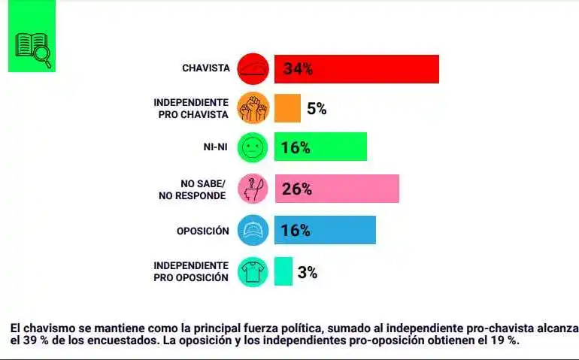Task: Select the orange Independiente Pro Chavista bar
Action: click(287, 108)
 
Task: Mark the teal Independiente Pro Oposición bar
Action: click(283, 271)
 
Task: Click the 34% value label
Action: click(298, 70)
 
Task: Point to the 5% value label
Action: click(317, 109)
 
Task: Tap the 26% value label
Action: click(296, 189)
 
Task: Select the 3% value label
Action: click(307, 272)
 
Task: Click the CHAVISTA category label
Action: click(205, 68)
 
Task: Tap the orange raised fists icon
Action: click(253, 108)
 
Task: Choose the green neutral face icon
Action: click(253, 147)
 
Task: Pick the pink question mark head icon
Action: click(253, 189)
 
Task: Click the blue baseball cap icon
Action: click(253, 230)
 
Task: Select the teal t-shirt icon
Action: click(253, 271)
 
